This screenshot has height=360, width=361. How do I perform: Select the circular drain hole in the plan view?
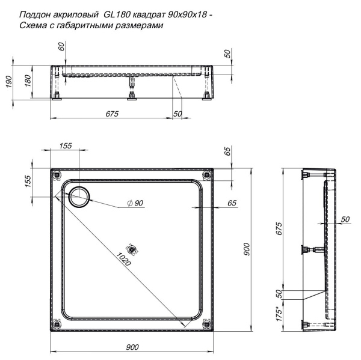[79, 195]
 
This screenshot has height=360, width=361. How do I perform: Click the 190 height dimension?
[8, 81]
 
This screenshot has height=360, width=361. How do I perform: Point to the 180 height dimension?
[28, 81]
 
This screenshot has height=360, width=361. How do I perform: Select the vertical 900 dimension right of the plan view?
[246, 253]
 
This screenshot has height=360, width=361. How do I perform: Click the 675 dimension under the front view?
[112, 114]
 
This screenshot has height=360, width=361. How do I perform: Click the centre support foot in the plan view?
[132, 248]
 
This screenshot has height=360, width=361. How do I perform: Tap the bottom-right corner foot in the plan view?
[208, 323]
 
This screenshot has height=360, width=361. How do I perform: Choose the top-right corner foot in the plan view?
[208, 174]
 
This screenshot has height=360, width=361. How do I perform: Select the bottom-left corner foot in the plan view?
[57, 323]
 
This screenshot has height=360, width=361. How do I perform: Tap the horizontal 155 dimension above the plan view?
[66, 146]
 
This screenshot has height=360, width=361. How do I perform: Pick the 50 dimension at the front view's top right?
[227, 53]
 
